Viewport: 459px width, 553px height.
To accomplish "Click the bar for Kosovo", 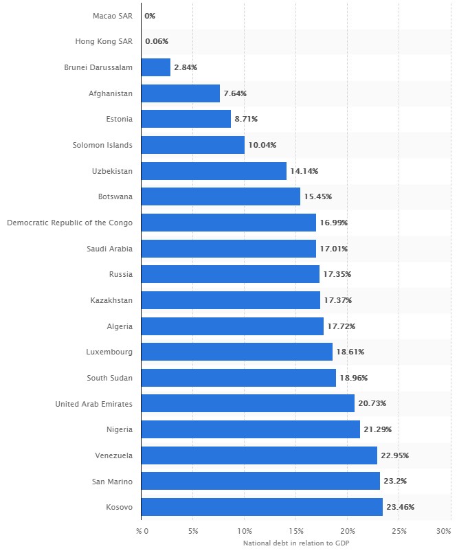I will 262,507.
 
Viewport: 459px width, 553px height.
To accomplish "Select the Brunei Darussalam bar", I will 156,67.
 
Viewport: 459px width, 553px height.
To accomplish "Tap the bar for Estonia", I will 186,119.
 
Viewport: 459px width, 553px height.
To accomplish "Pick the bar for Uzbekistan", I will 214,171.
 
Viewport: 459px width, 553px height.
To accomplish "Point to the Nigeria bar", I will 251,429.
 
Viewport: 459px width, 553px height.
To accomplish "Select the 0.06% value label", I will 157,41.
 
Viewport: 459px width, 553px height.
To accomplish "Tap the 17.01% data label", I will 334,249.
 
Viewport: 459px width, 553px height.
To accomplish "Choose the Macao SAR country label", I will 112,15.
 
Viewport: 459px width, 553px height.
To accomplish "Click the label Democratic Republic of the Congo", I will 69,223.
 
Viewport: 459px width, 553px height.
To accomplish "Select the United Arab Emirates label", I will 94,403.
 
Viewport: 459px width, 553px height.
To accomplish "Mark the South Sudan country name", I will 110,378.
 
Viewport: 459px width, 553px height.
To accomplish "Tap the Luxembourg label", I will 110,352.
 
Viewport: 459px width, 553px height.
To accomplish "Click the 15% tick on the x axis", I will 296,531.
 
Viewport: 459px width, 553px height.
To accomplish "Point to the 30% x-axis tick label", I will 444,531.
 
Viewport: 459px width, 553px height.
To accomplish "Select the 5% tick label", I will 193,531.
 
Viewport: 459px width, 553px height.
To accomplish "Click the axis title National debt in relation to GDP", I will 296,543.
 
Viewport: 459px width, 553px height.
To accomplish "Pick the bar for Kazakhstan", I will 230,300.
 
